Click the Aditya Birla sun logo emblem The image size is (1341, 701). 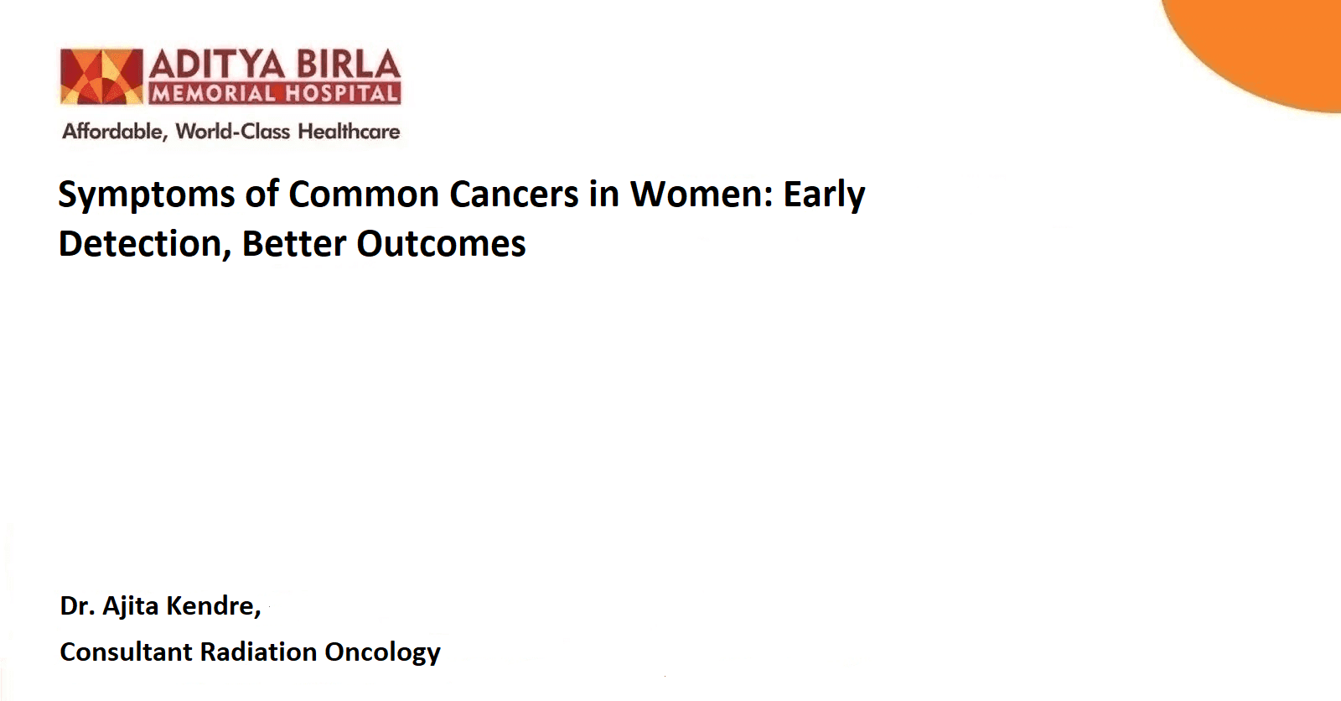pyautogui.click(x=101, y=76)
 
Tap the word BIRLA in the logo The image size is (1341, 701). pyautogui.click(x=349, y=65)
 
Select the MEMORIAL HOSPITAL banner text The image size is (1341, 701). pyautogui.click(x=275, y=93)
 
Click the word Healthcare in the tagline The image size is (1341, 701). pyautogui.click(x=349, y=132)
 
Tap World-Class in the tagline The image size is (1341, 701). pyautogui.click(x=233, y=132)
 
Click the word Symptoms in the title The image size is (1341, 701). pyautogui.click(x=146, y=196)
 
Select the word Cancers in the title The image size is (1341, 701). pyautogui.click(x=515, y=195)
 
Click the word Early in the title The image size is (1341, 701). pyautogui.click(x=825, y=196)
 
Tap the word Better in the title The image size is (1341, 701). pyautogui.click(x=294, y=243)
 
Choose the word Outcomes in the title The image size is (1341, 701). pyautogui.click(x=441, y=243)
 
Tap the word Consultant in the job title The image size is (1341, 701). pyautogui.click(x=126, y=652)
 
